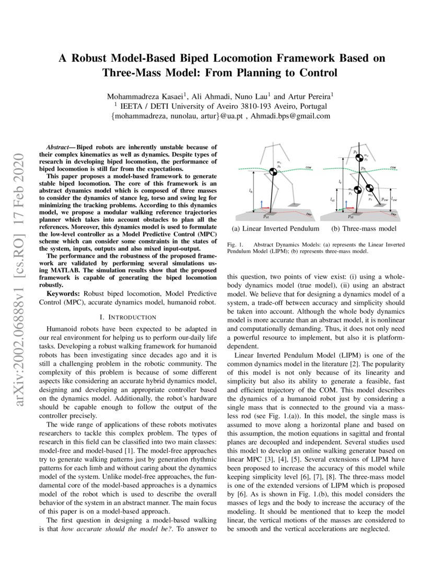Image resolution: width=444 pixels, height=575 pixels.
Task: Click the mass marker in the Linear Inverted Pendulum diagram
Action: point(273,171)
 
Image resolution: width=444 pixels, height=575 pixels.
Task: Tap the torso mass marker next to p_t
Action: point(360,156)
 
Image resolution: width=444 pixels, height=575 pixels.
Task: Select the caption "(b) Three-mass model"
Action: point(364,229)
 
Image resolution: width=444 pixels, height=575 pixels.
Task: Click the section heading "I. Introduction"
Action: point(127,317)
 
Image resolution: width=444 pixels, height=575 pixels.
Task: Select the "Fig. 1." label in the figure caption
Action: point(236,245)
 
